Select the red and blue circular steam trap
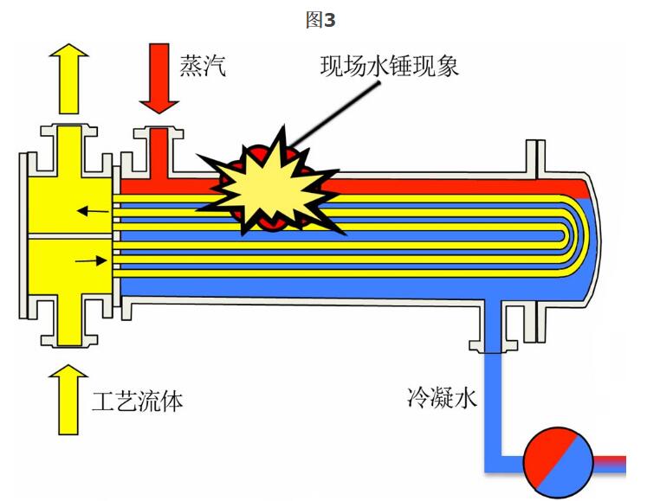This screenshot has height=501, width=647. coord(559,459)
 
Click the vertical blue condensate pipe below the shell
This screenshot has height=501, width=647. coord(492,398)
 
